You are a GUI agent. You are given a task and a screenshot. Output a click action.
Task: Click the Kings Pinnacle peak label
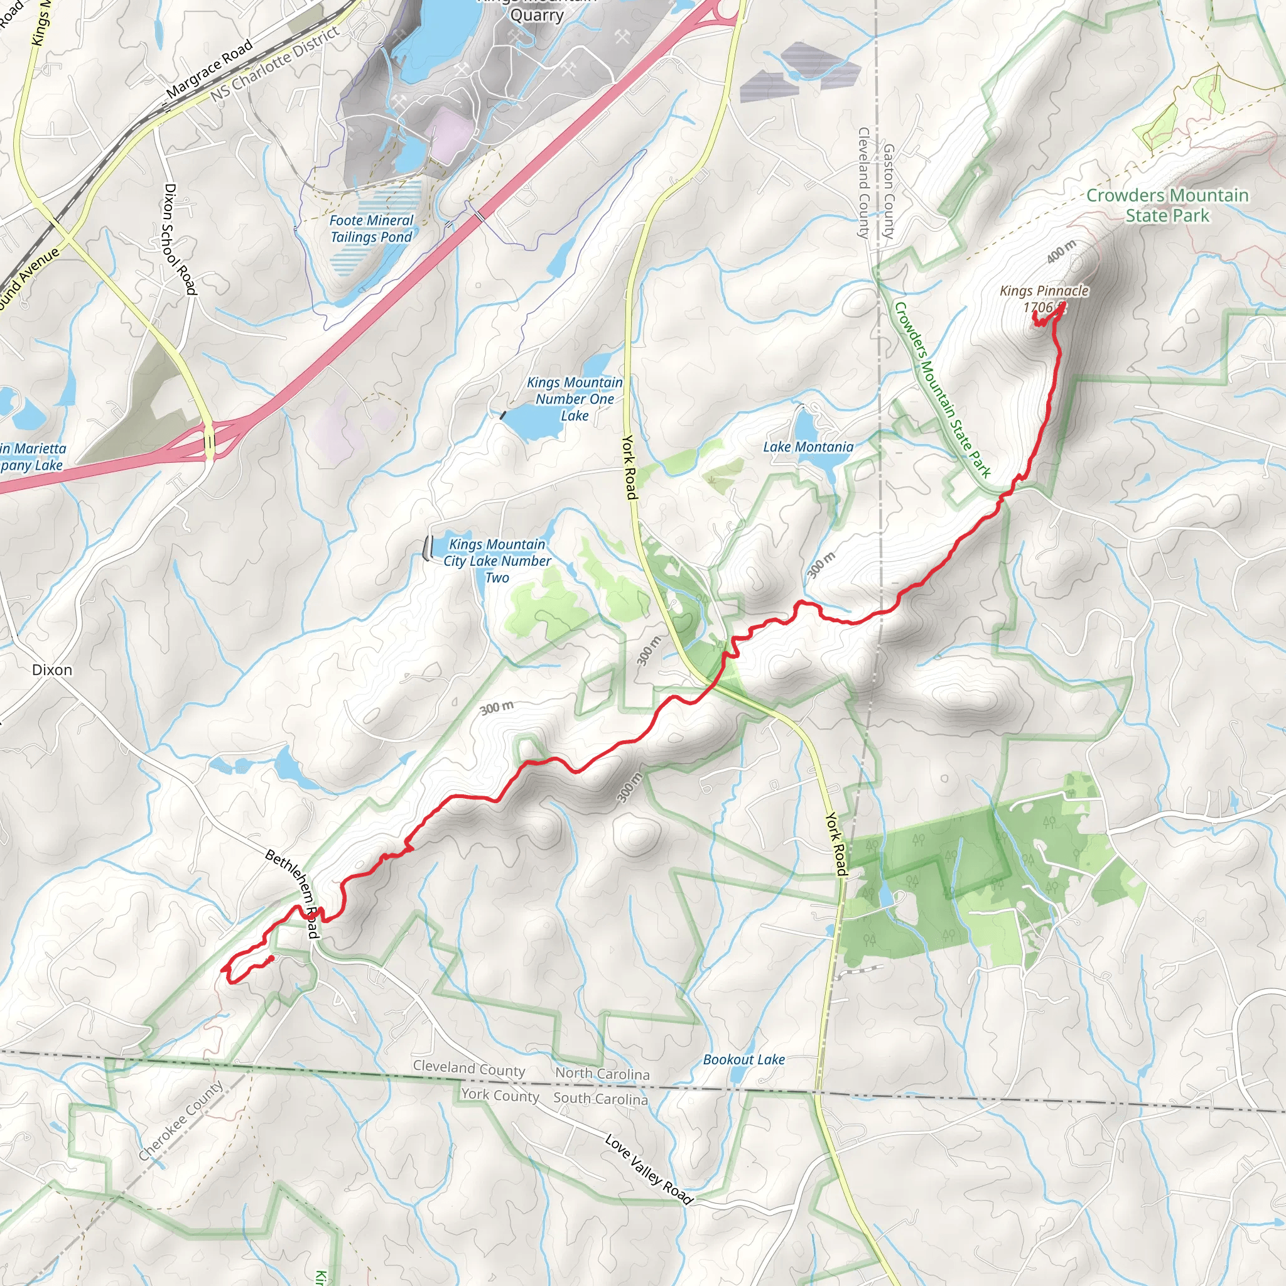tap(1044, 291)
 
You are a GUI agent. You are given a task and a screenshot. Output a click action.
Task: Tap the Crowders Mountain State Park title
tap(1167, 205)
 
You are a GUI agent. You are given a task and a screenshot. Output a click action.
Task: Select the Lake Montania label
tap(808, 446)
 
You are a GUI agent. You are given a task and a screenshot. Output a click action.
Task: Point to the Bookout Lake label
tap(743, 1060)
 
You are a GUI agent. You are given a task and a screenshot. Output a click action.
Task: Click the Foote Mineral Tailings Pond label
tap(372, 229)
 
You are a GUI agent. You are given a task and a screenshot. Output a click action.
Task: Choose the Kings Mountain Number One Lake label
tap(575, 399)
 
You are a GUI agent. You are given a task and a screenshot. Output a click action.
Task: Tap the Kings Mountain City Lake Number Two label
tap(497, 561)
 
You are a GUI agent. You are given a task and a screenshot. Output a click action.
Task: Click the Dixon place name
tap(52, 669)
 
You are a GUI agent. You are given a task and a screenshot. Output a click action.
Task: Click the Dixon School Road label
tap(180, 239)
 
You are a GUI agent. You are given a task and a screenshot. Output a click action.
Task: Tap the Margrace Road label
tap(209, 68)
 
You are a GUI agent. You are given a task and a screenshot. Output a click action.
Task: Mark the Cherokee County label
tap(180, 1121)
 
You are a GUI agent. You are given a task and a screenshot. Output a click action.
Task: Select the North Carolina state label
tap(602, 1074)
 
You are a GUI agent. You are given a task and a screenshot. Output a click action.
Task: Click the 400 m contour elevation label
tap(1061, 252)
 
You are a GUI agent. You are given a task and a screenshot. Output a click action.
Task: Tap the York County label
tap(500, 1095)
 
